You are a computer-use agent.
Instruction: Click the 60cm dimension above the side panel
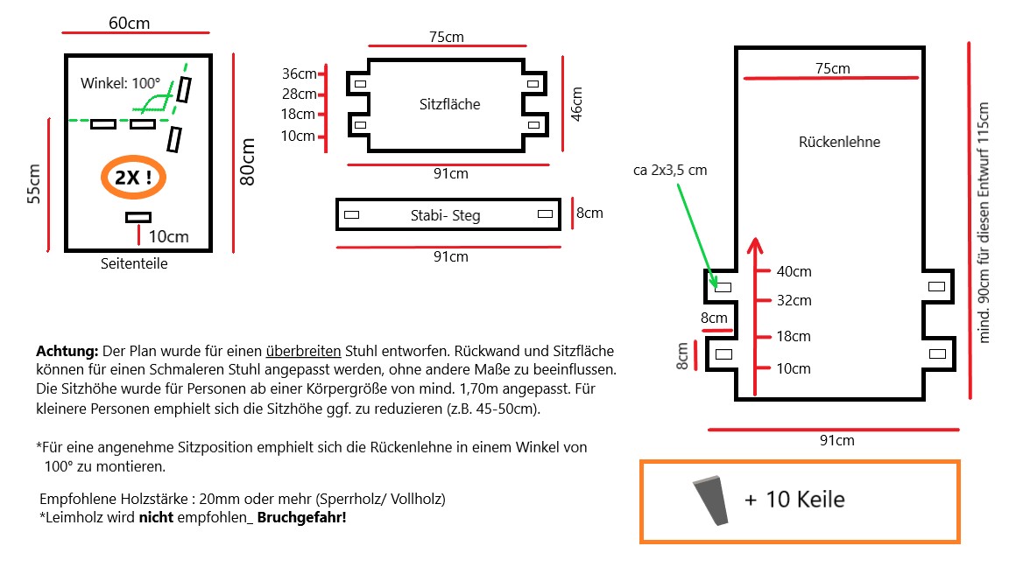[129, 23]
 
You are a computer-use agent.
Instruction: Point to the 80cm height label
[248, 162]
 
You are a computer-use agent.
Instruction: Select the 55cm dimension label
[34, 184]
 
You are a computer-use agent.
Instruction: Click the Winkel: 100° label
[121, 84]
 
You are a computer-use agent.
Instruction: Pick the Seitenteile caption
[134, 263]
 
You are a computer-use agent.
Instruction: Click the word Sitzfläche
[449, 104]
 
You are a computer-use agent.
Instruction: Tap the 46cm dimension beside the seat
[576, 103]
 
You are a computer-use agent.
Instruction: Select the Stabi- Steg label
[445, 215]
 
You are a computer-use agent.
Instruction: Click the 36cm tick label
[299, 73]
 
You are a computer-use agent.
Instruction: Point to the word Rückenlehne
[839, 142]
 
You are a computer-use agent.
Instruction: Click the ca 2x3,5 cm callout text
[669, 171]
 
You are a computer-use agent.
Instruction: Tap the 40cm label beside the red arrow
[794, 271]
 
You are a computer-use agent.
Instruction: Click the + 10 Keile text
[794, 500]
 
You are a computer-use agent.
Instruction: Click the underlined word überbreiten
[304, 350]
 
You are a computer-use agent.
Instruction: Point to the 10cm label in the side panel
[168, 236]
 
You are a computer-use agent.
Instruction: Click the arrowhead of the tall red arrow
[755, 244]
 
